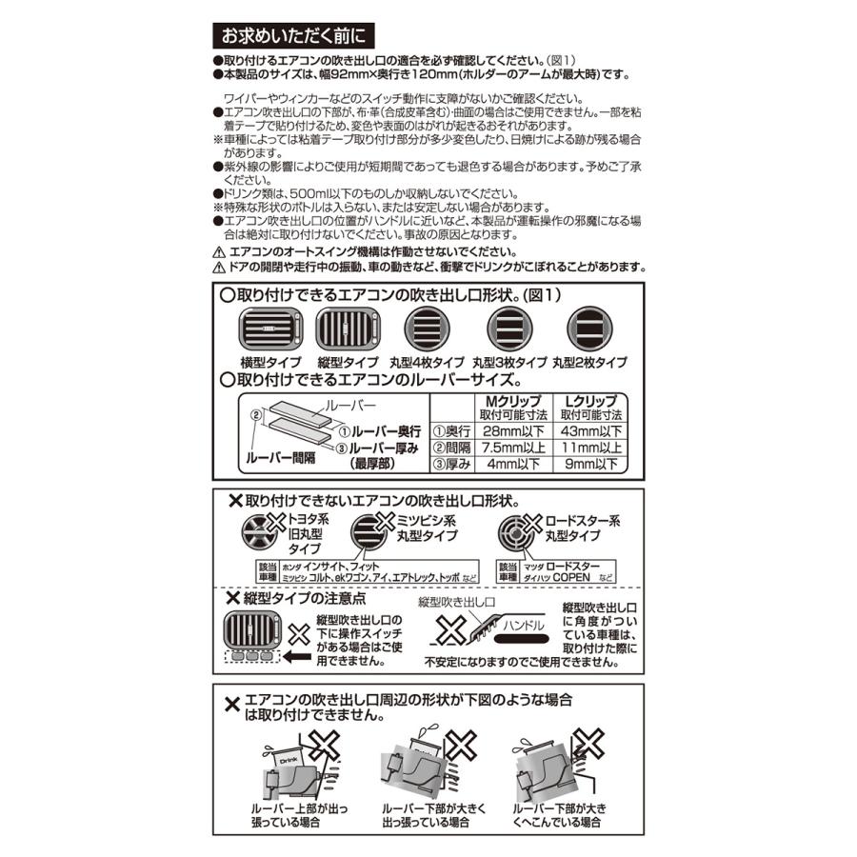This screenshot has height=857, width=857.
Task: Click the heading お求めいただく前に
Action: pos(294,38)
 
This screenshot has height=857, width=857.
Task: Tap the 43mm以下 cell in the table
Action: pos(590,430)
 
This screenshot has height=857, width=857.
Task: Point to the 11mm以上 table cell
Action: pos(590,448)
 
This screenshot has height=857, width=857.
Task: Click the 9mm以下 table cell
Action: pos(590,465)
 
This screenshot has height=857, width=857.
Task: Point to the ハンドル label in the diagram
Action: pos(522,626)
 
